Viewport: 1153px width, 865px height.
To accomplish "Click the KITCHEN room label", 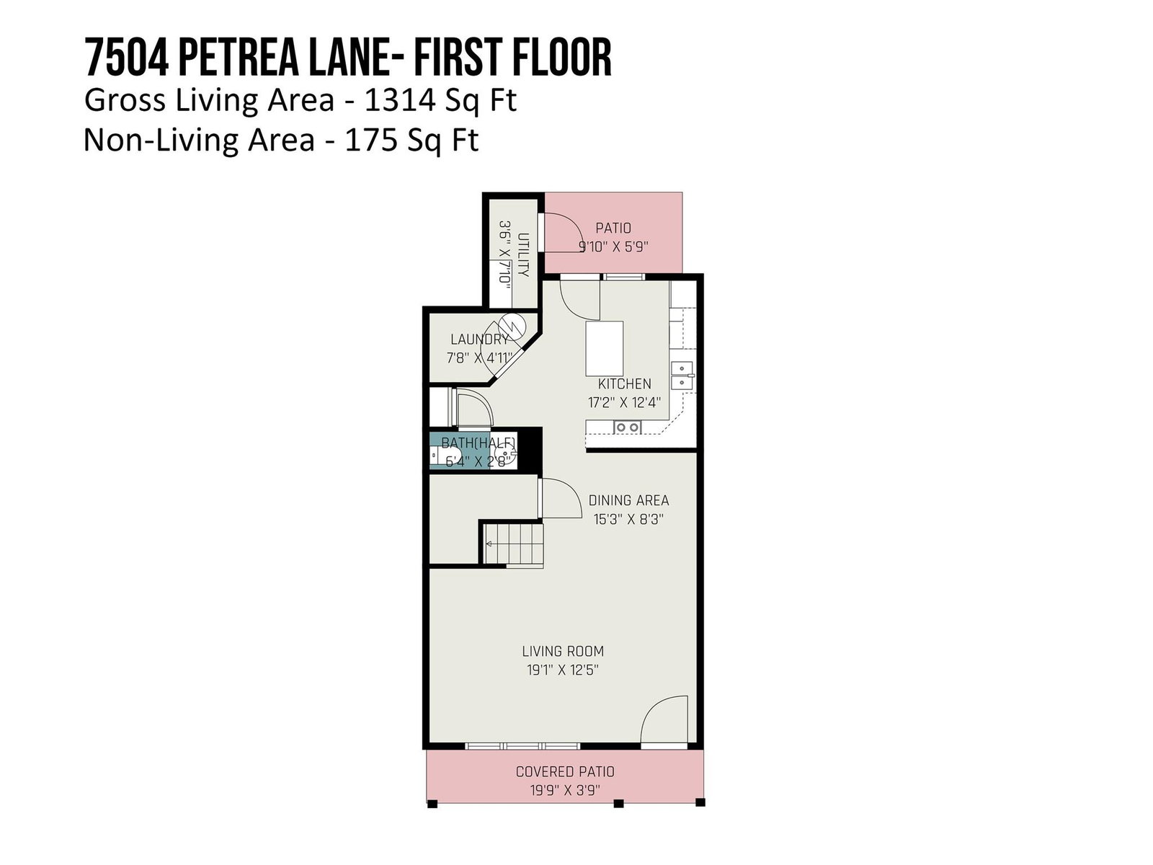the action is point(624,384).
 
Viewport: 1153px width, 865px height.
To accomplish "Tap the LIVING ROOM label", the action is point(563,651).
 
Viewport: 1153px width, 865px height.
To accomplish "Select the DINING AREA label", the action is point(628,500).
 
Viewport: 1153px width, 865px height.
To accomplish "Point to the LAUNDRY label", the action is point(480,340).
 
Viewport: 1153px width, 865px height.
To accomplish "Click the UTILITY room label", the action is point(523,254).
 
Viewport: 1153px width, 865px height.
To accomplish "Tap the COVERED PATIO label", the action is point(565,771).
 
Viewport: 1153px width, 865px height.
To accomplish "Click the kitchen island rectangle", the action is point(605,347).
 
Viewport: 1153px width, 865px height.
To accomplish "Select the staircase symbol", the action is point(512,544).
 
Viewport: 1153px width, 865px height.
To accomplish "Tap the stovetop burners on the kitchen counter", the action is point(627,427).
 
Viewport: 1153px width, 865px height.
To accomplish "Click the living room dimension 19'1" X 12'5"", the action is point(563,670).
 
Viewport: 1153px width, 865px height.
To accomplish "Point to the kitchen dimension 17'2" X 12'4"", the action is point(624,403).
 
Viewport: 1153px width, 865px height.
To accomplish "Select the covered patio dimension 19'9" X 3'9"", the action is point(565,791).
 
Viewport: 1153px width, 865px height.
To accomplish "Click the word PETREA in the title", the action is point(238,57).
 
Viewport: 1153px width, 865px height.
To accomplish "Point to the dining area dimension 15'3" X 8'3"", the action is point(628,520).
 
